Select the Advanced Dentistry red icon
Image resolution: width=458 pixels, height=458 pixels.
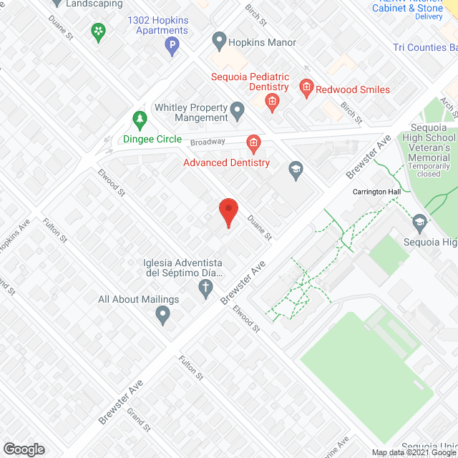[x=253, y=145]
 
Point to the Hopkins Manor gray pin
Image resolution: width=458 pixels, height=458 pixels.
[x=220, y=42]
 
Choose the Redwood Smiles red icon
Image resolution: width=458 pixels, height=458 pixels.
[x=307, y=89]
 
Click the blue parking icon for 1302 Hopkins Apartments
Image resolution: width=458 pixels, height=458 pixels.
[x=172, y=48]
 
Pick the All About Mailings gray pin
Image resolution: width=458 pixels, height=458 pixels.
[x=162, y=313]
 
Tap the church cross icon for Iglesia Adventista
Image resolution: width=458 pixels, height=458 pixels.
[x=205, y=289]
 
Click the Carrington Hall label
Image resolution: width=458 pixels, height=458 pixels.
[x=376, y=192]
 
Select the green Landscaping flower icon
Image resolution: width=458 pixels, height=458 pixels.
[x=98, y=31]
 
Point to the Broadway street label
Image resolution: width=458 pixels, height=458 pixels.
[x=208, y=142]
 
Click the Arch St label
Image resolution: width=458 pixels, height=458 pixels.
[x=449, y=108]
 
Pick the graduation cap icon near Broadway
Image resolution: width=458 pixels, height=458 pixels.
[x=295, y=170]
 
